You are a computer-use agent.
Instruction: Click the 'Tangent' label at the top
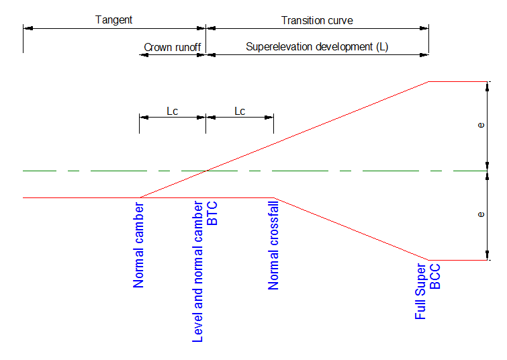(x=113, y=19)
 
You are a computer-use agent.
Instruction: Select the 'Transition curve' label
(x=317, y=20)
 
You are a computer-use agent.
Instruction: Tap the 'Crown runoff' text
(x=172, y=48)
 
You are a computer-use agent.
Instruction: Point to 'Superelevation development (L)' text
(x=317, y=47)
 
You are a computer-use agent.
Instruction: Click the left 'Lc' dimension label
(x=172, y=111)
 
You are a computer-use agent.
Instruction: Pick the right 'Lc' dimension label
(x=240, y=111)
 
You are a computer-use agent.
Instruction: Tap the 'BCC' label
(x=435, y=276)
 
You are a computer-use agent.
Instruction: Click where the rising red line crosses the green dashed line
(x=205, y=171)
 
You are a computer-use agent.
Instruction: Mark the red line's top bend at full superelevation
(x=428, y=82)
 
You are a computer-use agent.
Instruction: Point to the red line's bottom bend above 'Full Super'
(x=428, y=260)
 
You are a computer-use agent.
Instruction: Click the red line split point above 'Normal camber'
(x=139, y=198)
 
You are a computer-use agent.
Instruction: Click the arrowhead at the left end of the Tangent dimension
(x=26, y=29)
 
